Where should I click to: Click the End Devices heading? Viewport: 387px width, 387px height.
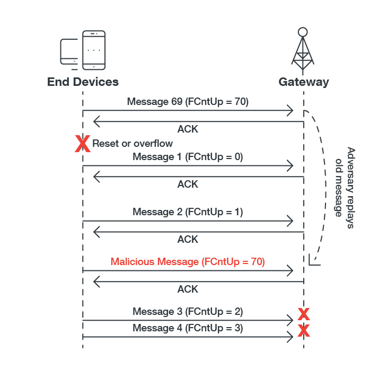tap(83, 82)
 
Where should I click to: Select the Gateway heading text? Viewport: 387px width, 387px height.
tap(303, 82)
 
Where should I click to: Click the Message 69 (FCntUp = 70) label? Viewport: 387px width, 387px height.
tap(188, 101)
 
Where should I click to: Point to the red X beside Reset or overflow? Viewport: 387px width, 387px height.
tap(82, 143)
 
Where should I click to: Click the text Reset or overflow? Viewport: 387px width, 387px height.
tap(133, 143)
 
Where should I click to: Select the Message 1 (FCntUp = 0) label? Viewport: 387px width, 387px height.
tap(188, 157)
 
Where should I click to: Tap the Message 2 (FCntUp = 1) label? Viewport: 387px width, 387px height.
tap(188, 212)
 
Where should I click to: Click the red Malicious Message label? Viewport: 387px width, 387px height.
tap(188, 261)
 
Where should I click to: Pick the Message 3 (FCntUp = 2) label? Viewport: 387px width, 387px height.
tap(188, 311)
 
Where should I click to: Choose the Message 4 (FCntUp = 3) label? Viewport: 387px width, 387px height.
tap(188, 328)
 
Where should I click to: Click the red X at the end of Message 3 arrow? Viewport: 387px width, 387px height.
tap(303, 314)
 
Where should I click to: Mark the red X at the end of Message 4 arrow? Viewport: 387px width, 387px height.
tap(303, 331)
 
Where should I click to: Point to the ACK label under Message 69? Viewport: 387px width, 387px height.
tap(188, 129)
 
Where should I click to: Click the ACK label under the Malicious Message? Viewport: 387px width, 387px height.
tap(188, 289)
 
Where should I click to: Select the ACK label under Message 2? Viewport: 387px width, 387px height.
tap(188, 239)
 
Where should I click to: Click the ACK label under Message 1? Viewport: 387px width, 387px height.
tap(188, 184)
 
